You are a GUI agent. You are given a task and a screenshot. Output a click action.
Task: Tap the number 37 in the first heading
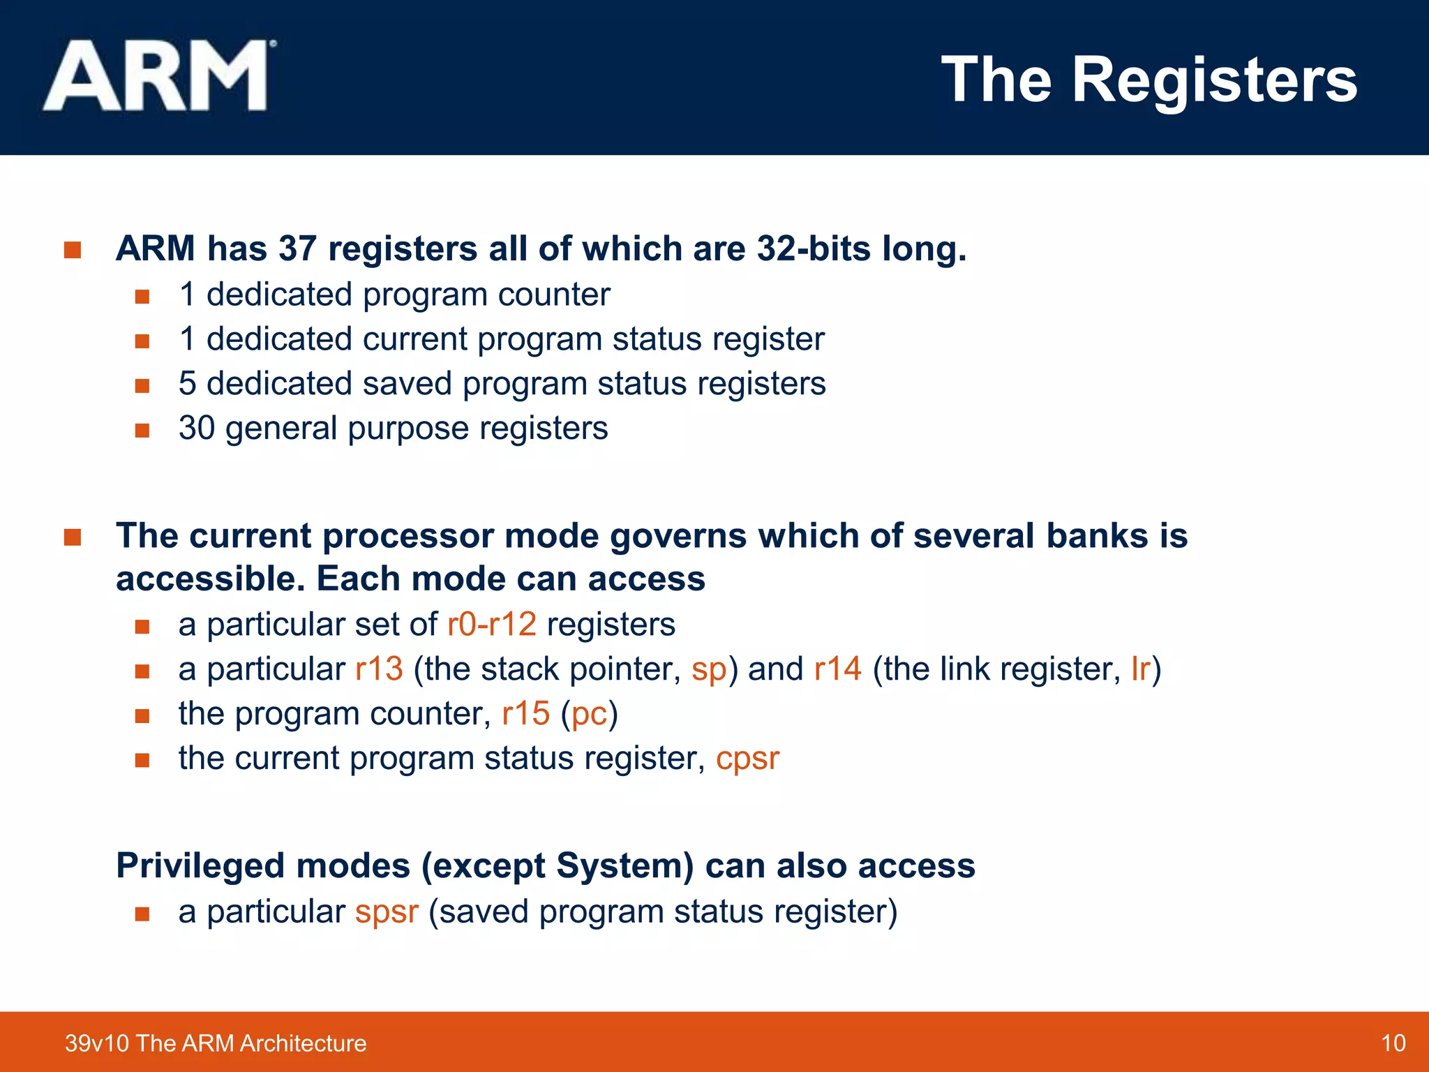(297, 248)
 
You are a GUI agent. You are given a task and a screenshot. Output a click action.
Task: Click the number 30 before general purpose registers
(197, 428)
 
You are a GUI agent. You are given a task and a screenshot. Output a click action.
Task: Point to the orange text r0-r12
(491, 624)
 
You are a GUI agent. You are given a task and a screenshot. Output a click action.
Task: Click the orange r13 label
(379, 669)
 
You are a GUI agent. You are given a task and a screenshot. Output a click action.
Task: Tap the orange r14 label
(838, 669)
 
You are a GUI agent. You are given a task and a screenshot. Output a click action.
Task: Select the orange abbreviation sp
(709, 670)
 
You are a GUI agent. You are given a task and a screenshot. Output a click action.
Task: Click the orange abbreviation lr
(1140, 669)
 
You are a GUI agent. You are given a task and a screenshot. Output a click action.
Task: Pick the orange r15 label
(525, 713)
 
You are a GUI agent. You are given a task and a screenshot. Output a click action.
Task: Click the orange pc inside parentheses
(589, 715)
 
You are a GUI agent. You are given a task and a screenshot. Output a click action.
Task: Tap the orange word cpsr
(747, 759)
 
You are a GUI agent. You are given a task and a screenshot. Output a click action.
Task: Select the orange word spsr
(387, 913)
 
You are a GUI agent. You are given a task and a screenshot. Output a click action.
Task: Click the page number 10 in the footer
(1393, 1043)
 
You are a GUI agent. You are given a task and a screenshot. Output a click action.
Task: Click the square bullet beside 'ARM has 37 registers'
(73, 250)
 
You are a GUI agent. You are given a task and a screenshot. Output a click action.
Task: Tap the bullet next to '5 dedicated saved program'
(142, 385)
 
